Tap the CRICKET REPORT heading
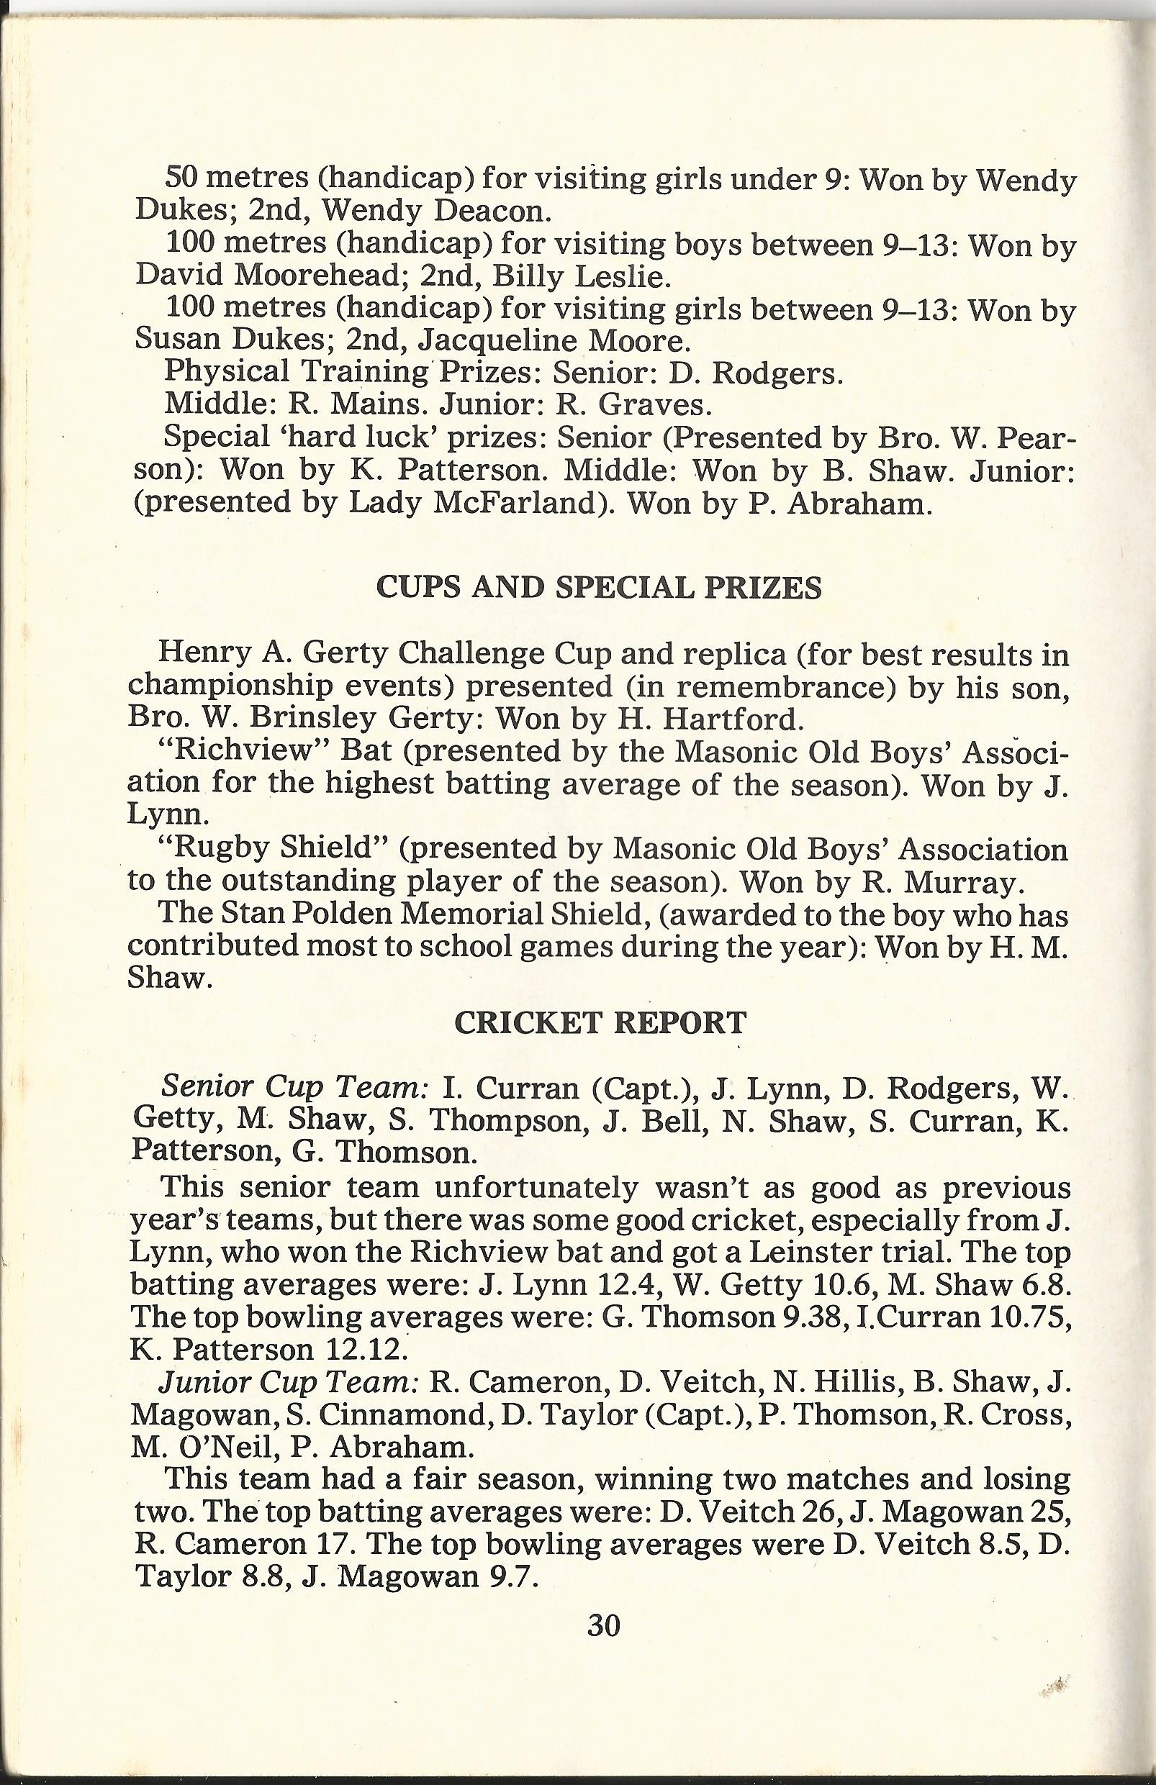pos(601,1023)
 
